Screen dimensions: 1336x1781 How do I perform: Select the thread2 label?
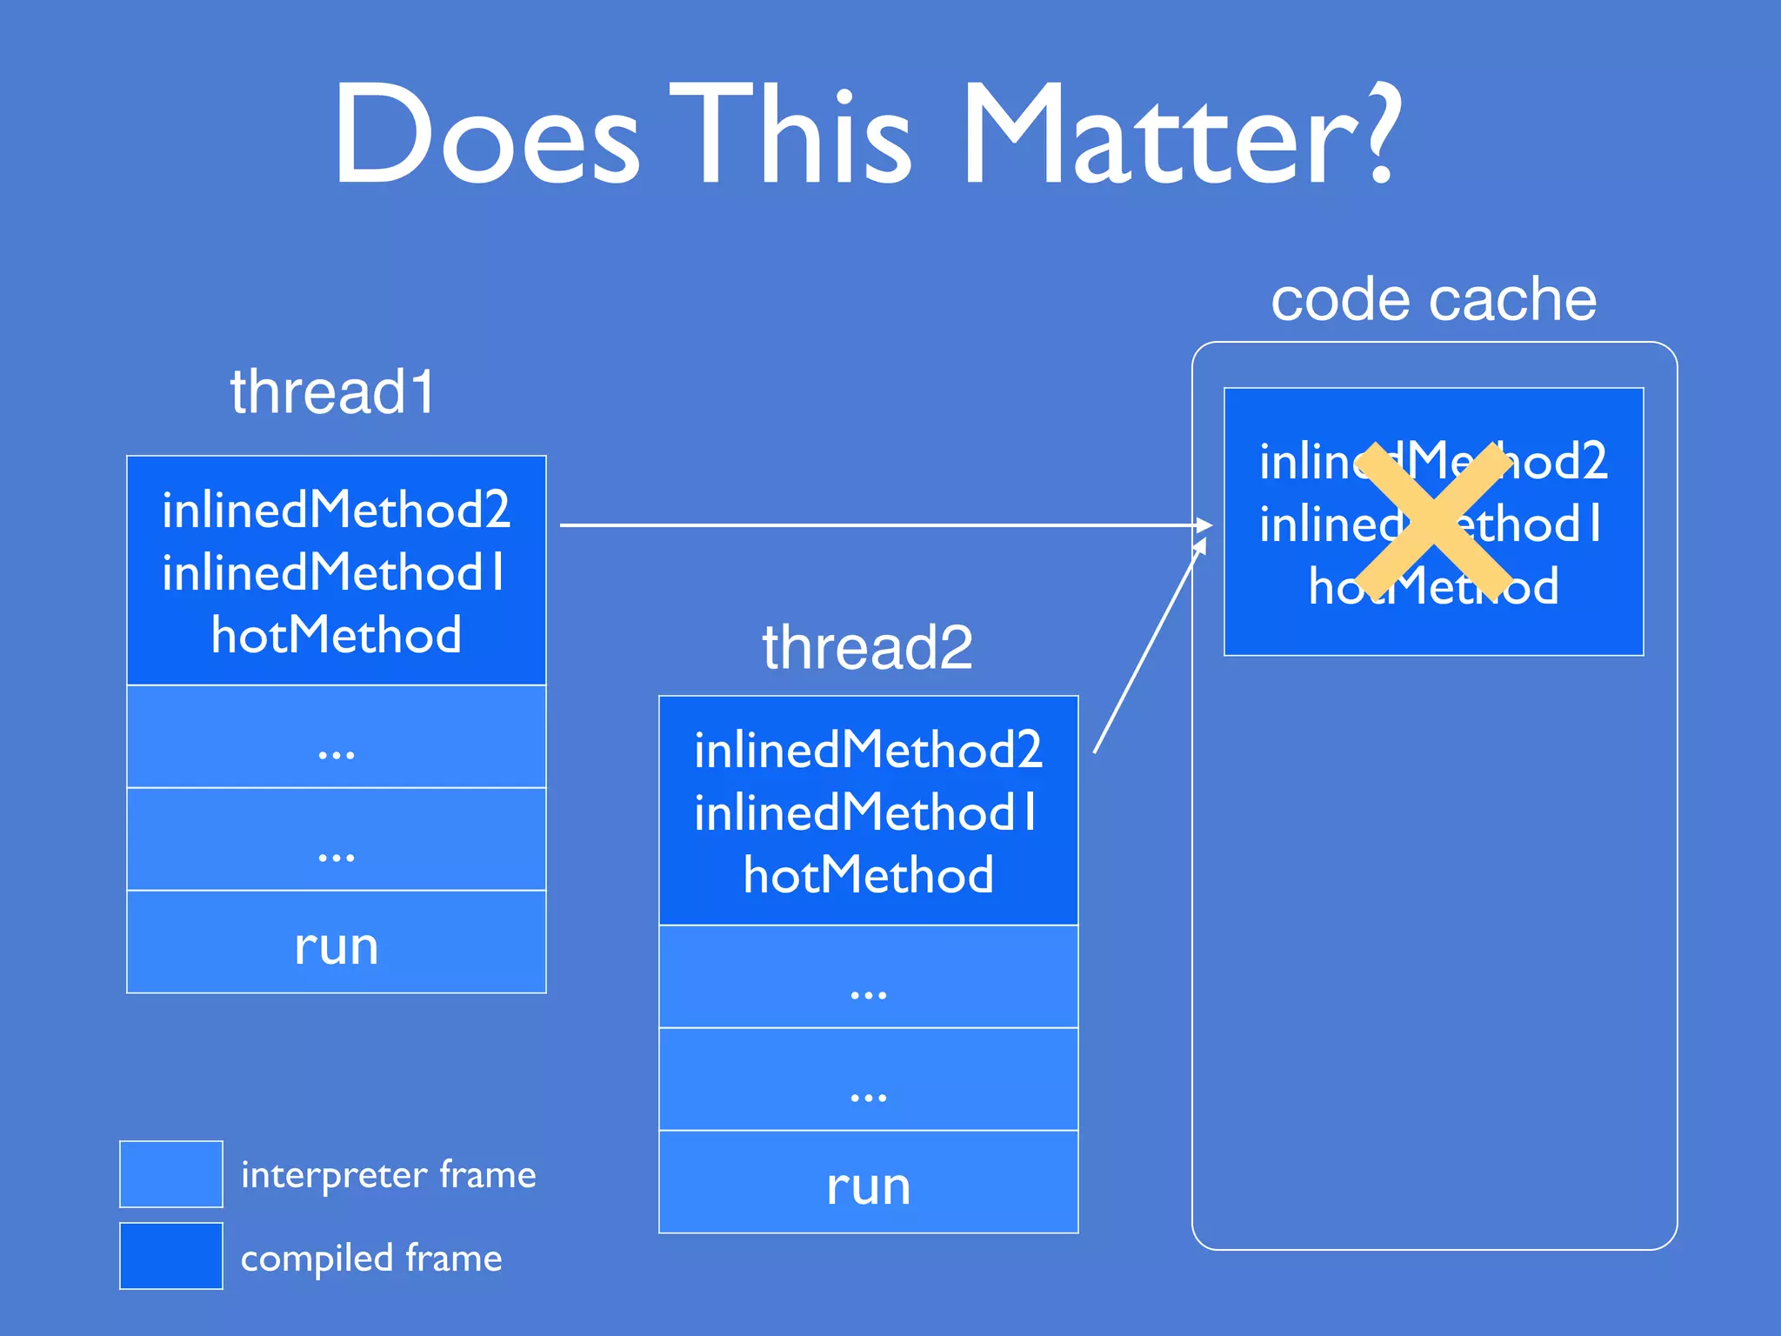tap(867, 647)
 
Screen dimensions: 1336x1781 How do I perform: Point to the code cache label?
tap(1433, 299)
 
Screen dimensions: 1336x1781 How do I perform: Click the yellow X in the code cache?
tap(1433, 522)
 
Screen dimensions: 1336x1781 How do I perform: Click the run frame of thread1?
tap(337, 943)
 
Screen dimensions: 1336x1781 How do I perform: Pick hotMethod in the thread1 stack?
tap(337, 635)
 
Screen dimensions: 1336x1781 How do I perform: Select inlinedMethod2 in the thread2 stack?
tap(868, 750)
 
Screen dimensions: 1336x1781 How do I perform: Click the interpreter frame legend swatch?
tap(171, 1174)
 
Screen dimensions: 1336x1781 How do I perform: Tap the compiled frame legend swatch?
tap(171, 1256)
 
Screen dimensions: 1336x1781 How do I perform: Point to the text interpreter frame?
tap(388, 1174)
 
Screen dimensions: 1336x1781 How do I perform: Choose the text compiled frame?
tap(371, 1258)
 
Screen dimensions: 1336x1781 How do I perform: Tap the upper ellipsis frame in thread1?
tap(337, 738)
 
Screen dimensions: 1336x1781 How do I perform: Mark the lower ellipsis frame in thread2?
tap(868, 1080)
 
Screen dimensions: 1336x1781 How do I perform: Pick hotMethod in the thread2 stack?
tap(868, 875)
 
